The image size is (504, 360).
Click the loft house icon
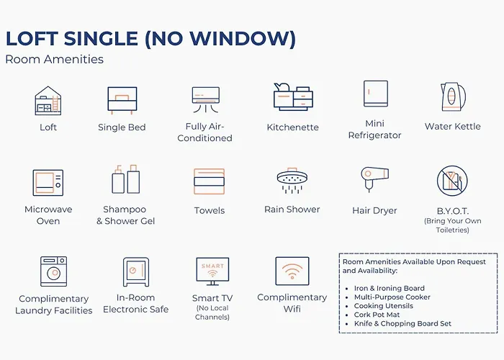(x=48, y=101)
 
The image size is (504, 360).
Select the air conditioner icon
(x=206, y=99)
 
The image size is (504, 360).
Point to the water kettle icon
(x=453, y=96)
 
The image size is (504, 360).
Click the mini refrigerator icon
(x=375, y=94)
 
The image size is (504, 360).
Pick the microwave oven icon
(x=48, y=183)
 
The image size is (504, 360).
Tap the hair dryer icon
(x=375, y=179)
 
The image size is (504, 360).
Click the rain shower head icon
(x=292, y=181)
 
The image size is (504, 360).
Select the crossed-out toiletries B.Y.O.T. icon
(x=452, y=181)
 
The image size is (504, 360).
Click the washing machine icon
(x=54, y=271)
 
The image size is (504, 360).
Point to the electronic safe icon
(x=136, y=271)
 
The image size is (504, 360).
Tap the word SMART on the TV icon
(x=212, y=266)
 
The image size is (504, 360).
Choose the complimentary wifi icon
(x=292, y=271)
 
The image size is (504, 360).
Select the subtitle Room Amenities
(x=54, y=59)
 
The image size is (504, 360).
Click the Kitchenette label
(x=292, y=127)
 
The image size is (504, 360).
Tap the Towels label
(x=210, y=210)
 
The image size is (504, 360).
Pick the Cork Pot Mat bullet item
(x=377, y=315)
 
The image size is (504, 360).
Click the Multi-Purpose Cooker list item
(x=392, y=297)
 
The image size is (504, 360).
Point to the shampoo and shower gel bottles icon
(x=126, y=179)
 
